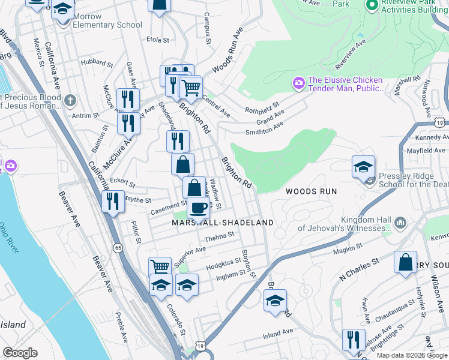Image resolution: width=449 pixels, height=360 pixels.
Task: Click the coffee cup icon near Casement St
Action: click(198, 208)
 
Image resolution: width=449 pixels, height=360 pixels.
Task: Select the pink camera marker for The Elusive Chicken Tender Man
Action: click(298, 83)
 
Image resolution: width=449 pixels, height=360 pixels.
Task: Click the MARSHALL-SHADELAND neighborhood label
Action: click(223, 223)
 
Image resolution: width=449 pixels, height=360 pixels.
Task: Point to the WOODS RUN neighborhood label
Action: click(311, 191)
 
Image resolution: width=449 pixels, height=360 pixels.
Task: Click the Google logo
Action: click(20, 353)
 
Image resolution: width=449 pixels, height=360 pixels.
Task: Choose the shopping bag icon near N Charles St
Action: click(406, 262)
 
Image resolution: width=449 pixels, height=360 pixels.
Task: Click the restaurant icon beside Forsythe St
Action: click(112, 201)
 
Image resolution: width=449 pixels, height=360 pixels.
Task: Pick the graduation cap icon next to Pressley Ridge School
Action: click(363, 167)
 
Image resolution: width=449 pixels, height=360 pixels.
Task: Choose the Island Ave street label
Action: click(277, 331)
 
